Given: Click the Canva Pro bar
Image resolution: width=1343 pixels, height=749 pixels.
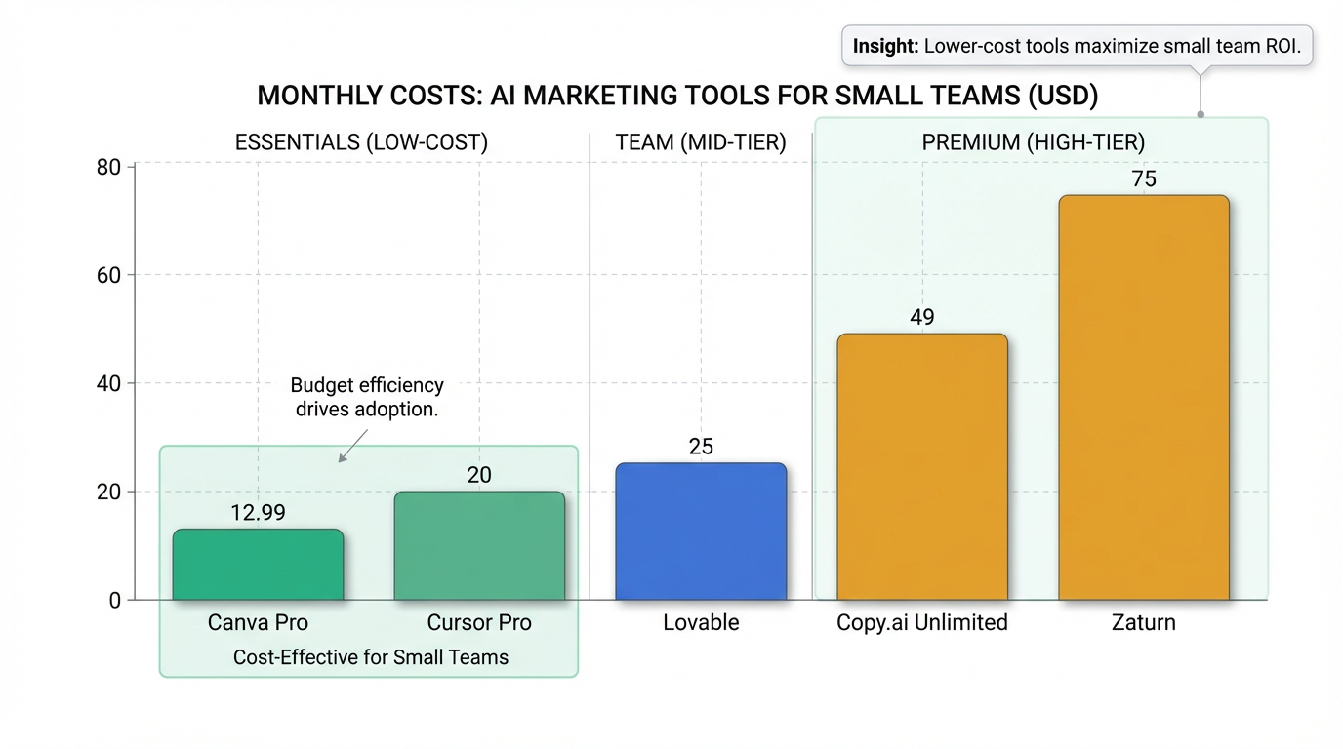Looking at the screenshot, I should [x=258, y=565].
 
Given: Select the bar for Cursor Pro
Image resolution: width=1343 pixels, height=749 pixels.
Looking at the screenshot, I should [x=479, y=546].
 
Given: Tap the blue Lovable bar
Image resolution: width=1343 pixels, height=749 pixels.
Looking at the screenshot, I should [x=701, y=532].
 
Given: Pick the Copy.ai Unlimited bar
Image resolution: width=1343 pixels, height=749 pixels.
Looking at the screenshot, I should [x=922, y=467].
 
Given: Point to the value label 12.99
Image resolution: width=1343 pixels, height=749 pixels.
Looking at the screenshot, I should [x=258, y=513].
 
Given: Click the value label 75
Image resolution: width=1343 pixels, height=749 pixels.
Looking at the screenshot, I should [x=1144, y=178].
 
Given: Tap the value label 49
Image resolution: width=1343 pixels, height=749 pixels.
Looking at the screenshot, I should [x=922, y=317].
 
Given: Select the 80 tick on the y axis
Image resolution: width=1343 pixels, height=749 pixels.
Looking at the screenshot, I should [x=108, y=167].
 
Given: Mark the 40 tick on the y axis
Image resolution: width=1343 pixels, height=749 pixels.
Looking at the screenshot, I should [x=108, y=383].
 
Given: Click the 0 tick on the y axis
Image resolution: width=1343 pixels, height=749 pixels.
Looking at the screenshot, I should [x=115, y=601].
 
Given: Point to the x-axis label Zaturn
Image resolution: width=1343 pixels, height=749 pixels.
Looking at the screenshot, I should [x=1144, y=622].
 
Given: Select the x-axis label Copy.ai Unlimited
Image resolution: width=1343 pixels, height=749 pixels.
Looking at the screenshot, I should [x=922, y=622].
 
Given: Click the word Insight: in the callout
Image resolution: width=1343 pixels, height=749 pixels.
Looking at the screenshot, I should [x=885, y=46].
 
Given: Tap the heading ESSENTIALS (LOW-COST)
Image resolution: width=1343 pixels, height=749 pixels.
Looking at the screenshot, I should [x=361, y=142].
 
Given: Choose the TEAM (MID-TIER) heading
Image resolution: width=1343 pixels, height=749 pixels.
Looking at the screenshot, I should [x=701, y=142].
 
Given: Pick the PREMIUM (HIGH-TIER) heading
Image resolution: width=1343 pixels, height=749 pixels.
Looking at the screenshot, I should [x=1034, y=142].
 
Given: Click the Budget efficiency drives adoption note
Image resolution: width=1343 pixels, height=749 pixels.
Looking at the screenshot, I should [x=369, y=397].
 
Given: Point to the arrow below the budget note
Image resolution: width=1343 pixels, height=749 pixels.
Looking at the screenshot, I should [x=350, y=444].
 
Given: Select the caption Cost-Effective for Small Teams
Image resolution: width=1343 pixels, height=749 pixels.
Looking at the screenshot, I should [x=371, y=657].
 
